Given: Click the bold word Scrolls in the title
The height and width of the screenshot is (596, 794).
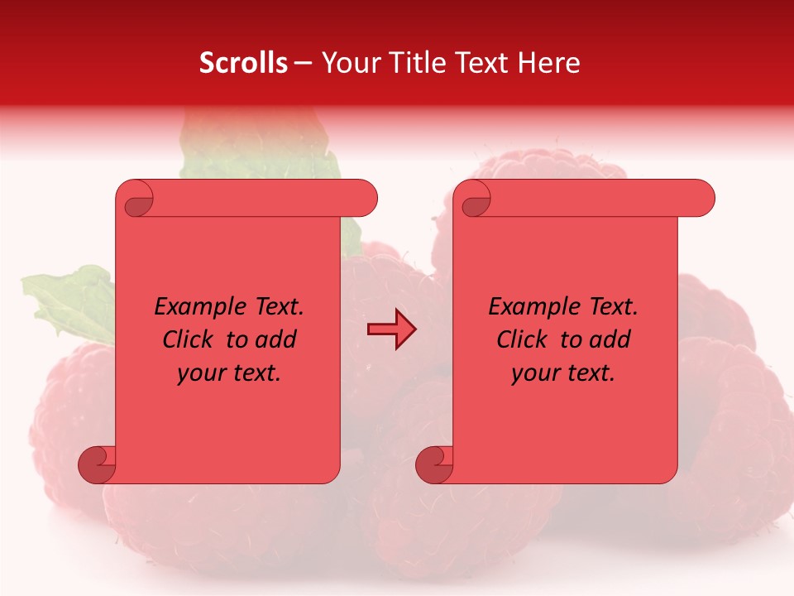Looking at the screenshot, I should [x=243, y=63].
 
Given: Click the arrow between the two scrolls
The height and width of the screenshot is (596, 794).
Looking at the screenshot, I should [x=391, y=329].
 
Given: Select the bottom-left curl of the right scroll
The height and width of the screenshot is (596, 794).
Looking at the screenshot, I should [x=433, y=464].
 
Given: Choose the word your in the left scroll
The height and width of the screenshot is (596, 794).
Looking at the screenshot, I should [x=200, y=373].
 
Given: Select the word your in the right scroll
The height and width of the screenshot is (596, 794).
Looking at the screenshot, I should [x=534, y=373].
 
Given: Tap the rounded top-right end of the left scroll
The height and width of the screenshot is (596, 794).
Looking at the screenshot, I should [x=364, y=199].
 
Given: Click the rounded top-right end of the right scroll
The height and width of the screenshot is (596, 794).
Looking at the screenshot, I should [x=701, y=199].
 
